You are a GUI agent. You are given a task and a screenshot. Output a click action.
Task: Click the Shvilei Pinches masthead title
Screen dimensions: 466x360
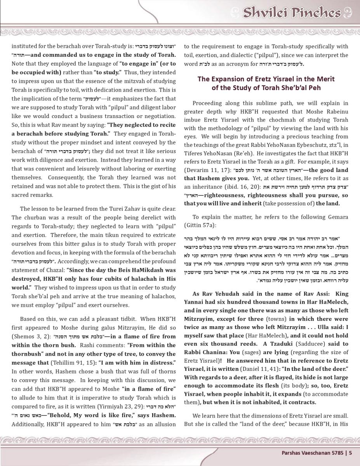tap(292, 13)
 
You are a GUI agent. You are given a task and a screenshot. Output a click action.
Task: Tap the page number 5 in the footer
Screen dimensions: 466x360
tap(350, 452)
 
